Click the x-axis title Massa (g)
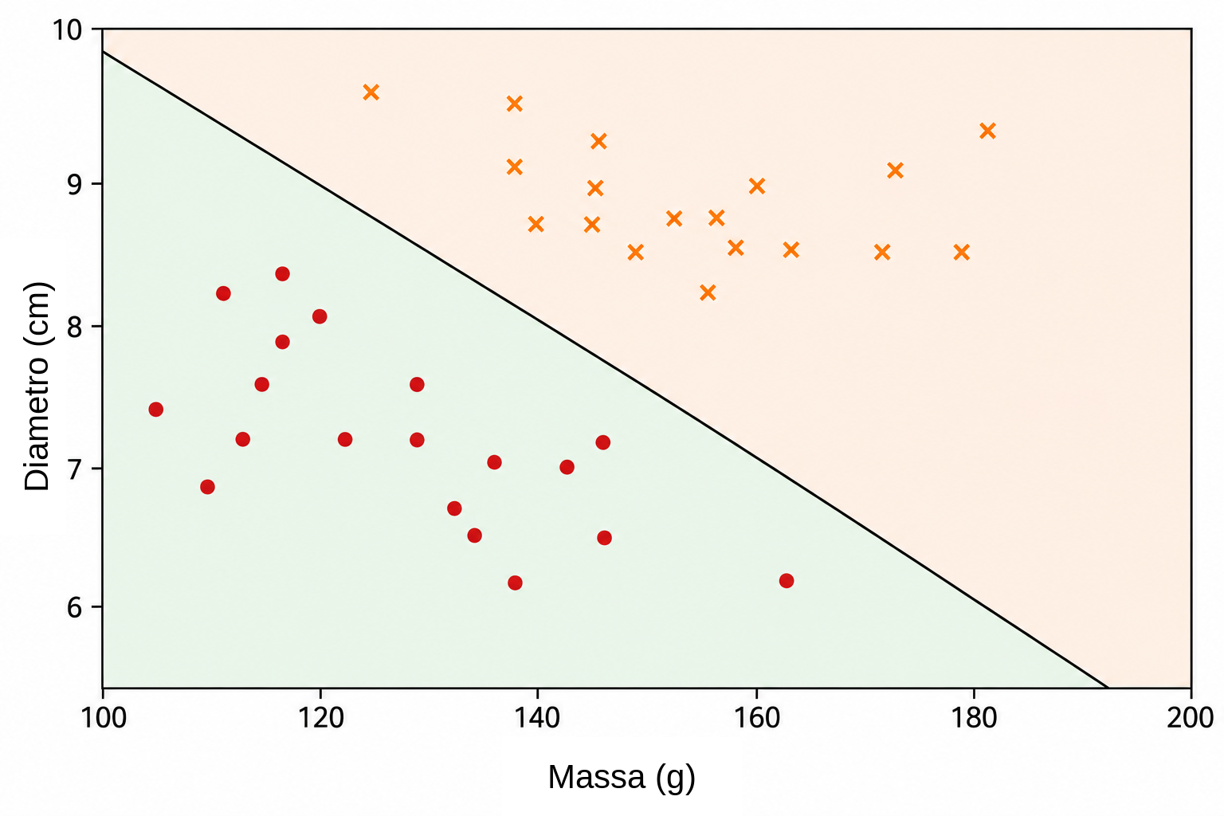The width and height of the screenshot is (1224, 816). point(622,778)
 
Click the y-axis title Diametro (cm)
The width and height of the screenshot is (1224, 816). point(37,386)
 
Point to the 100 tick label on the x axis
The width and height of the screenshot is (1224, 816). point(104,718)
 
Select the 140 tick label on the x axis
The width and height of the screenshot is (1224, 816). point(538,718)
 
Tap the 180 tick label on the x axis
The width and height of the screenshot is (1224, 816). point(975,718)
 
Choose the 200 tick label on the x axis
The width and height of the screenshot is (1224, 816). point(1191,718)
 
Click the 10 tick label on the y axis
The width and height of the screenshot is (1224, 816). point(67,30)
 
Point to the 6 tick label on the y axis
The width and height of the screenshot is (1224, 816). point(75,606)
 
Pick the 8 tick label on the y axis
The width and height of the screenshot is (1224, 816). point(75,326)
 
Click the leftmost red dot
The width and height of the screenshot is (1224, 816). point(155,410)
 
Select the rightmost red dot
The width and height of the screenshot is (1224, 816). point(787,580)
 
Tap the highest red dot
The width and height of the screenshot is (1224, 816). point(283,274)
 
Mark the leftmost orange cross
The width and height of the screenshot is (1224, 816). point(371,92)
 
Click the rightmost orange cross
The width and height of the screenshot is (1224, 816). point(987,131)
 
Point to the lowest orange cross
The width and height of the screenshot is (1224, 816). point(708,293)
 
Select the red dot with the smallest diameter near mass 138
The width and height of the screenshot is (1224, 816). point(515,583)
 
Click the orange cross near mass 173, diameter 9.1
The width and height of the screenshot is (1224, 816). point(895,171)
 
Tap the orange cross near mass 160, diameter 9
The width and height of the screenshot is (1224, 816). point(757,186)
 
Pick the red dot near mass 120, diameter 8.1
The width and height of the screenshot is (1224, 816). point(320,316)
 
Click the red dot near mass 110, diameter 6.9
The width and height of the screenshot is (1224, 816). point(208,487)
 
